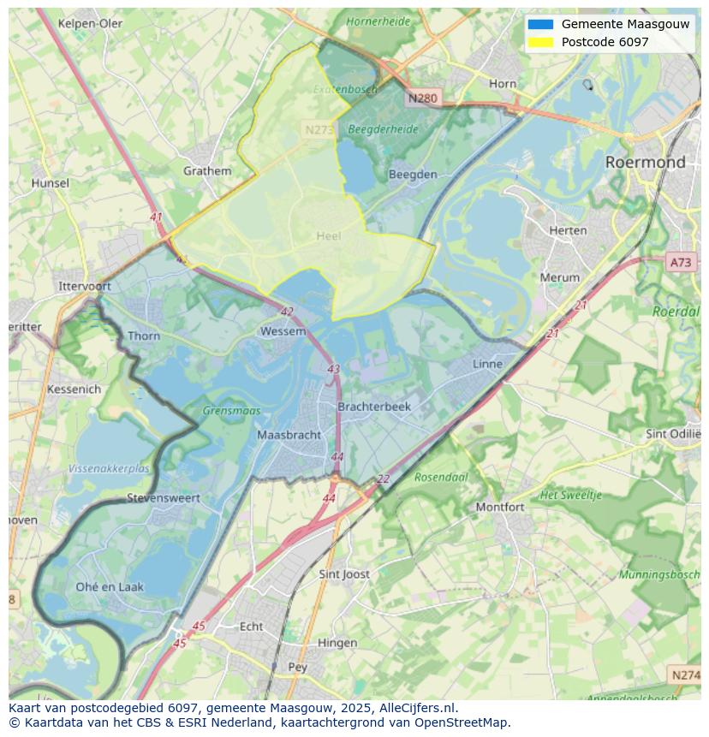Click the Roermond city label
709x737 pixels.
(x=645, y=162)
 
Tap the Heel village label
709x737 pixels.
(x=328, y=235)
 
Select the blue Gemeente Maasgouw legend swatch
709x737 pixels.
(x=540, y=24)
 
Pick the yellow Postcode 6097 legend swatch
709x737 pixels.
(x=540, y=42)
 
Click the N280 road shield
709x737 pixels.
(x=422, y=98)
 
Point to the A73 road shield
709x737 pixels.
(x=682, y=263)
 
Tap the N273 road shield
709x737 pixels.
(x=319, y=129)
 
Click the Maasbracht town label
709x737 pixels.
(x=289, y=435)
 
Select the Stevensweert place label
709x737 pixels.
(x=163, y=497)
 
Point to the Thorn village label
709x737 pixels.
(x=143, y=336)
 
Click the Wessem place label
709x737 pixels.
(x=283, y=331)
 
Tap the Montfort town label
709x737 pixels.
(x=499, y=507)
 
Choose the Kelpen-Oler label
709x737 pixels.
(x=90, y=23)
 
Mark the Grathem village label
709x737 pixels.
(x=207, y=170)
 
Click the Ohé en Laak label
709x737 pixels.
(x=110, y=586)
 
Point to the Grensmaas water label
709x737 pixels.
(x=231, y=411)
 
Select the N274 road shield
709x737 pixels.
(x=685, y=675)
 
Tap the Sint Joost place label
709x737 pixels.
(x=344, y=574)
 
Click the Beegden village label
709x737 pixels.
(x=413, y=174)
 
